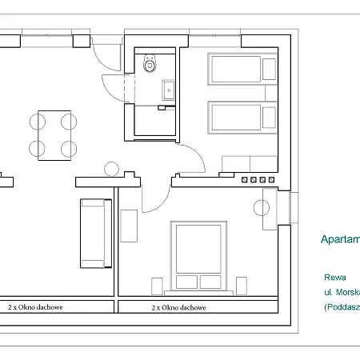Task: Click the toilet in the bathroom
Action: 150,65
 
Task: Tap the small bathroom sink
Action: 168,90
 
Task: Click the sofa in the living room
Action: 94,234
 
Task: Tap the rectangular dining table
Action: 53,134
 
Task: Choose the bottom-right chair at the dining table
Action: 70,148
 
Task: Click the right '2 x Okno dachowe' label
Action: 180,306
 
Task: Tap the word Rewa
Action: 325,278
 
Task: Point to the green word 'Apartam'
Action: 339,239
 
